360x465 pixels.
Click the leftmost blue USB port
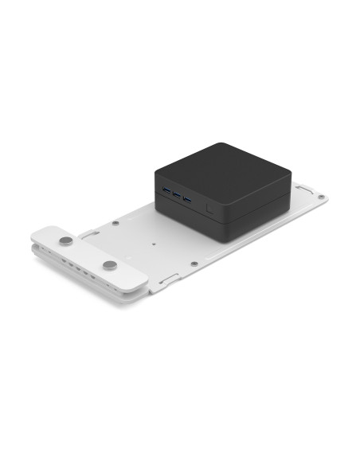pos(166,191)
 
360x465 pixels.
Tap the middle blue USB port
pos(176,194)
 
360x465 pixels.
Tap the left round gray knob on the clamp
pos(65,237)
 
